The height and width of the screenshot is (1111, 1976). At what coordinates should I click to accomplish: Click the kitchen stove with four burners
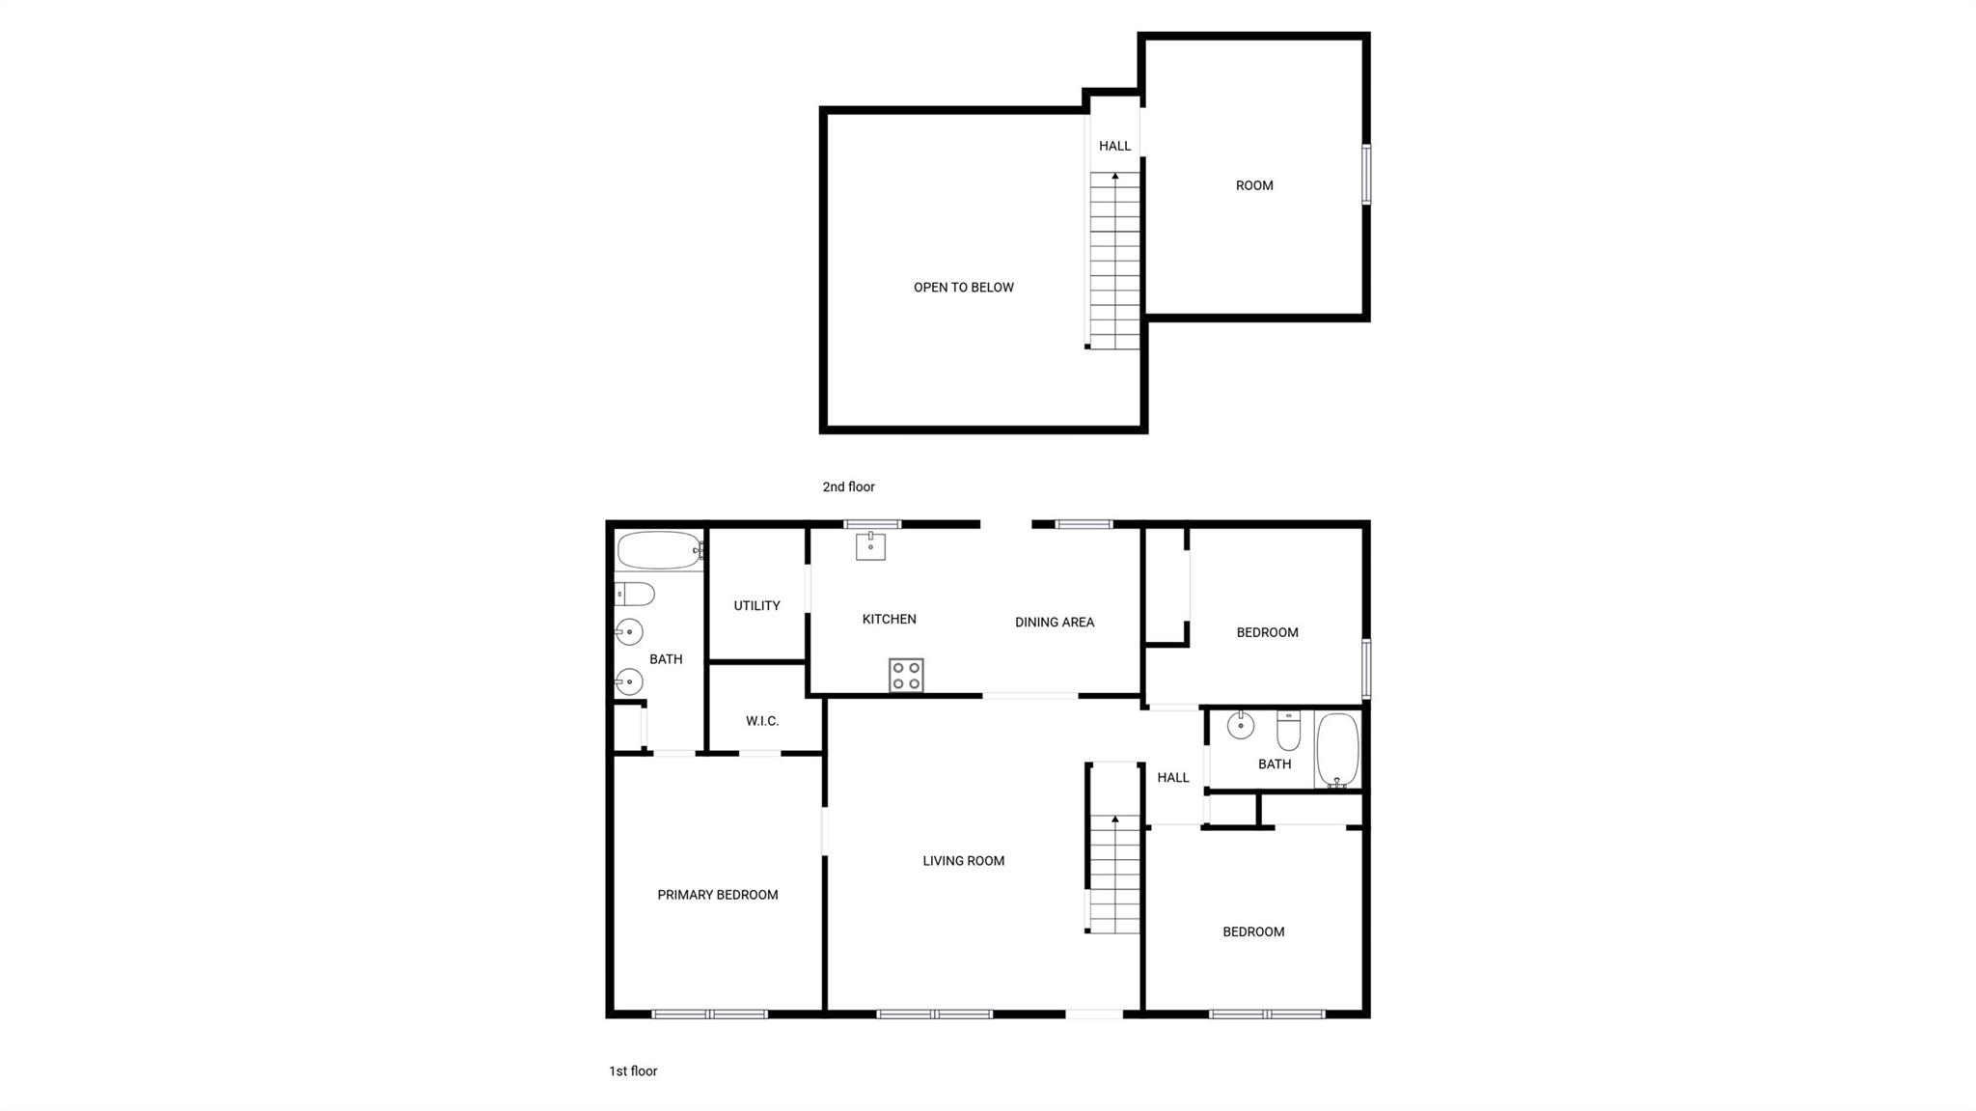[x=906, y=675]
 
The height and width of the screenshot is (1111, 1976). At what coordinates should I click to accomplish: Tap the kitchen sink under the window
[x=870, y=545]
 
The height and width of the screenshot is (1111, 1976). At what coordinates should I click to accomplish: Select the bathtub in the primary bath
[x=660, y=550]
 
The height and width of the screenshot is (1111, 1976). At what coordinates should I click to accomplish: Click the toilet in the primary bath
[x=634, y=594]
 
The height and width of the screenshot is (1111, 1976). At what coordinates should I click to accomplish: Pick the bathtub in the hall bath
[x=1337, y=751]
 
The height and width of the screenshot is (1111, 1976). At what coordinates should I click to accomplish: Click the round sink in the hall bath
[x=1240, y=724]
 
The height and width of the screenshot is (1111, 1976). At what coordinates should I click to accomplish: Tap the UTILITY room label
[x=756, y=605]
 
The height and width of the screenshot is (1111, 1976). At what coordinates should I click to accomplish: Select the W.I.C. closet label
[x=762, y=721]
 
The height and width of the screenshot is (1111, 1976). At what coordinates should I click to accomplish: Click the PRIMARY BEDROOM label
[x=718, y=895]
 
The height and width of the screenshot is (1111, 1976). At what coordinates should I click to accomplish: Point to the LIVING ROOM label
[x=964, y=861]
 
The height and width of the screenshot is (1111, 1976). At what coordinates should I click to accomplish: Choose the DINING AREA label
[x=1055, y=623]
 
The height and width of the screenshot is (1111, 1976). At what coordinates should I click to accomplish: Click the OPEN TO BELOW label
[x=964, y=287]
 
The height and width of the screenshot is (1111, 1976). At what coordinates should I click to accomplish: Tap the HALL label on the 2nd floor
[x=1114, y=146]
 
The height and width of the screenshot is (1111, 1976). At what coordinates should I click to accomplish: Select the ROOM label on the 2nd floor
[x=1254, y=185]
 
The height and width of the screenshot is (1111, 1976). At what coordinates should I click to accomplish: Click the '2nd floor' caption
[x=849, y=486]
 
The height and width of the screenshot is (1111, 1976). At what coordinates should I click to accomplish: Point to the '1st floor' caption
[x=633, y=1070]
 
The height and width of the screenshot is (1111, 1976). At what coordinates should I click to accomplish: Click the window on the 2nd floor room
[x=1366, y=175]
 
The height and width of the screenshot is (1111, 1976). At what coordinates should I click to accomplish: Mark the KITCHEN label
[x=890, y=619]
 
